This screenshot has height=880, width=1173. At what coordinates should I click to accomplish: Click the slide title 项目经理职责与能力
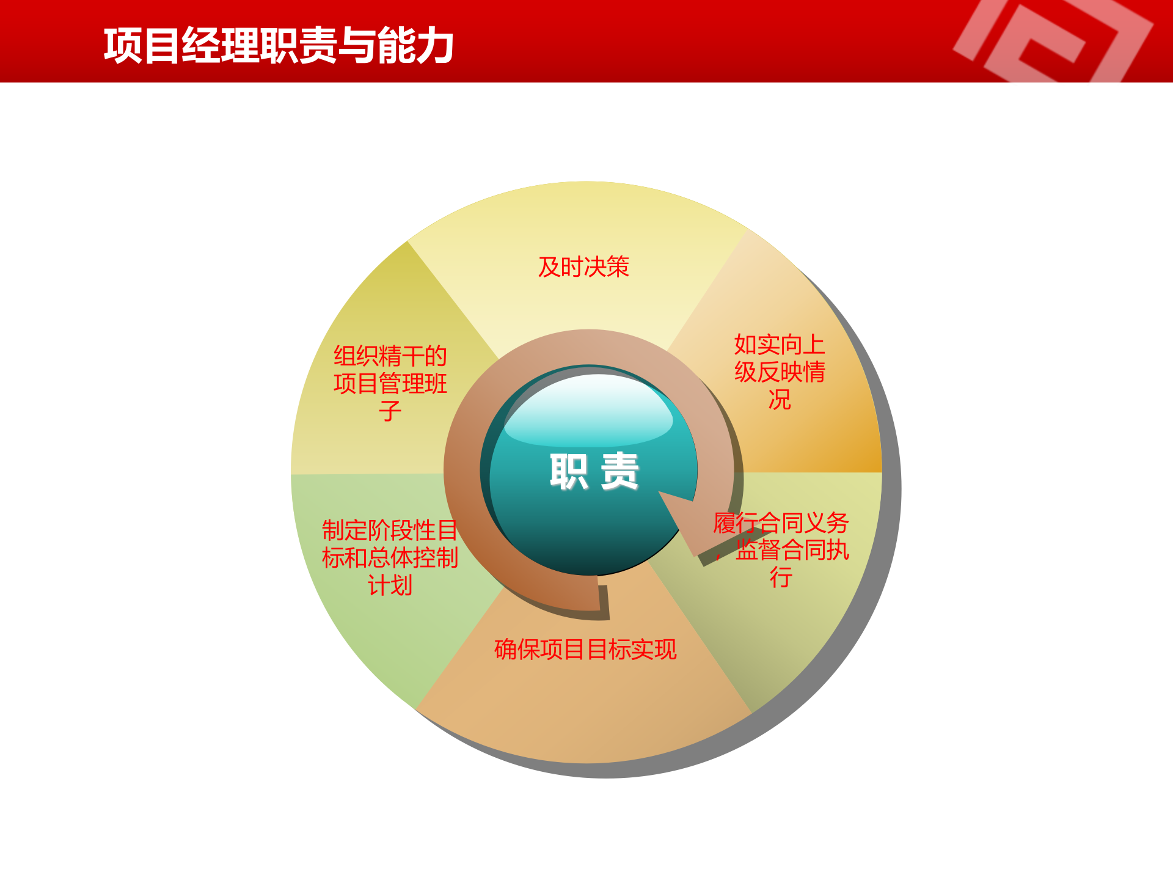click(279, 46)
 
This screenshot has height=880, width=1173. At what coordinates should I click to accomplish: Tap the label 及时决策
click(583, 267)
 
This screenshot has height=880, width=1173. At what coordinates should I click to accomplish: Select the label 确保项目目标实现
click(585, 649)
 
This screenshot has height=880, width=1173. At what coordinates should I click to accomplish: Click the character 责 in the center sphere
click(619, 471)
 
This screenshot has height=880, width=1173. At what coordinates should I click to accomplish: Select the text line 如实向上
click(780, 345)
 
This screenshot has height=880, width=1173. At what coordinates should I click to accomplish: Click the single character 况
click(780, 400)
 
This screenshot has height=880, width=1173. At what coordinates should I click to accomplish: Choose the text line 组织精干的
click(390, 356)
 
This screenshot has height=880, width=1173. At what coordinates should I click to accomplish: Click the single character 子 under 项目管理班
click(390, 411)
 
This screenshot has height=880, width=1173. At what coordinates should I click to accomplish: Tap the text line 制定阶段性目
click(390, 530)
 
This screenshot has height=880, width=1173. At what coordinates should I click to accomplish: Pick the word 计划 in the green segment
click(390, 585)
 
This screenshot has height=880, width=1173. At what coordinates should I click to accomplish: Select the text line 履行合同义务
click(781, 523)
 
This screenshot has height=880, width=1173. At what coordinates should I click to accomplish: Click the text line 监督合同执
click(792, 550)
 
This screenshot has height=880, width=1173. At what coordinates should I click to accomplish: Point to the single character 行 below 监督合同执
click(781, 577)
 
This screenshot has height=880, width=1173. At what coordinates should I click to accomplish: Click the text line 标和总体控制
click(390, 557)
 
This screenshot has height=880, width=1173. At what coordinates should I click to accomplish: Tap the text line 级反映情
click(780, 372)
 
